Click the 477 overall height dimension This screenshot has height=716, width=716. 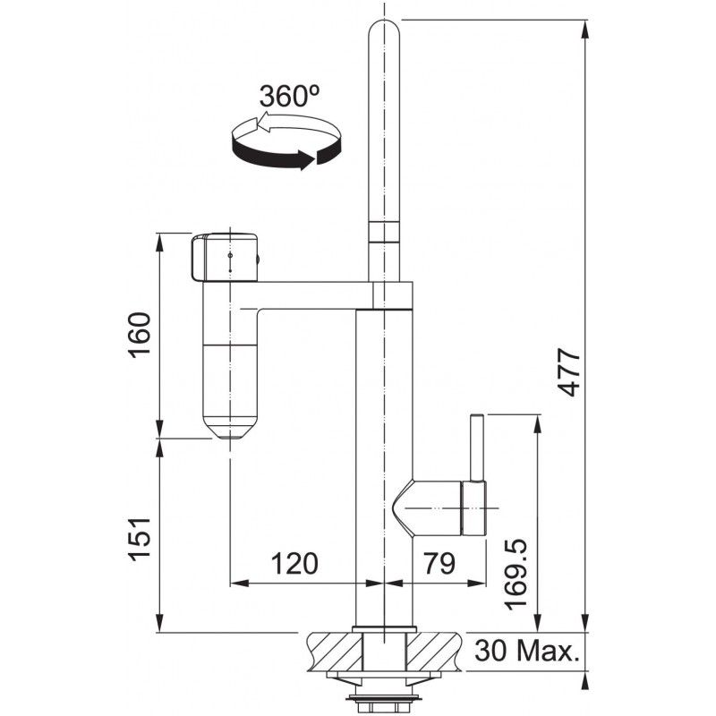569,372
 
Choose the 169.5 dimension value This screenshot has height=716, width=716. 516,574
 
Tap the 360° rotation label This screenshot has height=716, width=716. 289,96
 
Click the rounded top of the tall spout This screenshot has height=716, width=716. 384,32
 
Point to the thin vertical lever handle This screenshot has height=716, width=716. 476,447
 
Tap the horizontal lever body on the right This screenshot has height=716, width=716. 439,507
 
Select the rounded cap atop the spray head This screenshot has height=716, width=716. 225,257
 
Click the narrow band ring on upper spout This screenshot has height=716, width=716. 384,232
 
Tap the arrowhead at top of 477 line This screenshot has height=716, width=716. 585,30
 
